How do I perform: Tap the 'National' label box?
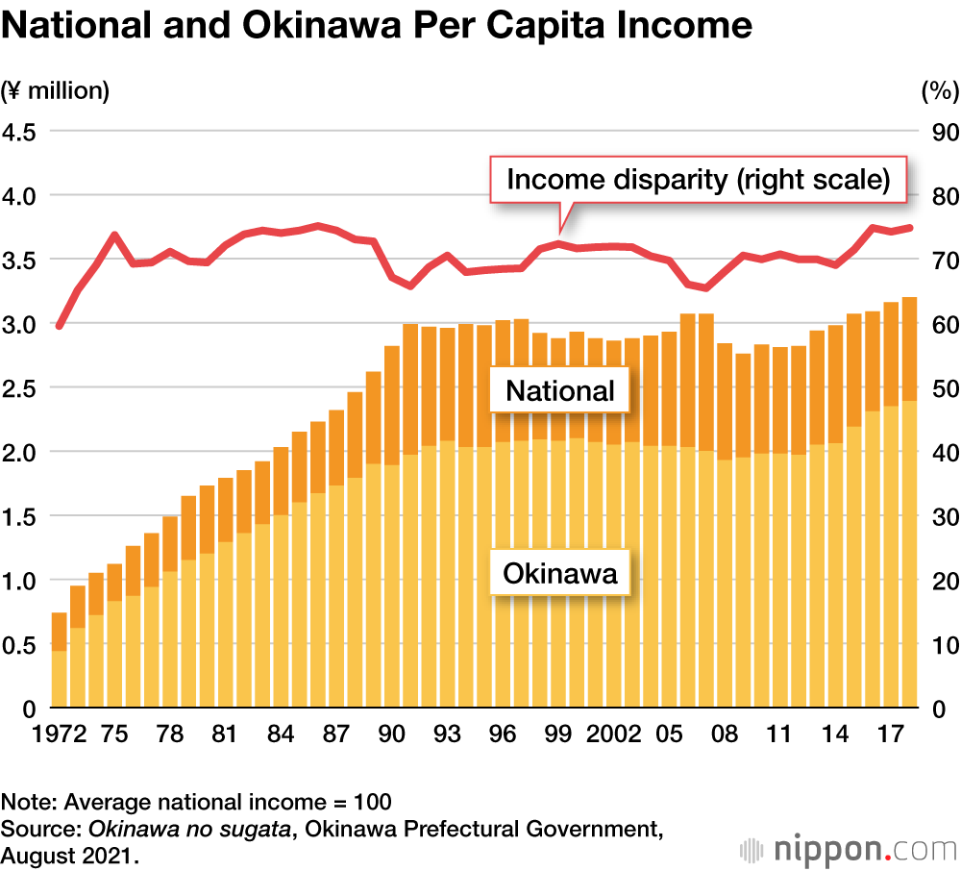click(x=560, y=390)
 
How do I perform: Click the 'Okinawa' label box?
click(x=560, y=575)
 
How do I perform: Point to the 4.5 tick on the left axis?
click(x=18, y=132)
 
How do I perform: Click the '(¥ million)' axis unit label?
click(x=56, y=91)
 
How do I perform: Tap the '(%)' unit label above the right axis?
click(x=940, y=91)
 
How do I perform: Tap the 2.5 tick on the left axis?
click(x=18, y=387)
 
